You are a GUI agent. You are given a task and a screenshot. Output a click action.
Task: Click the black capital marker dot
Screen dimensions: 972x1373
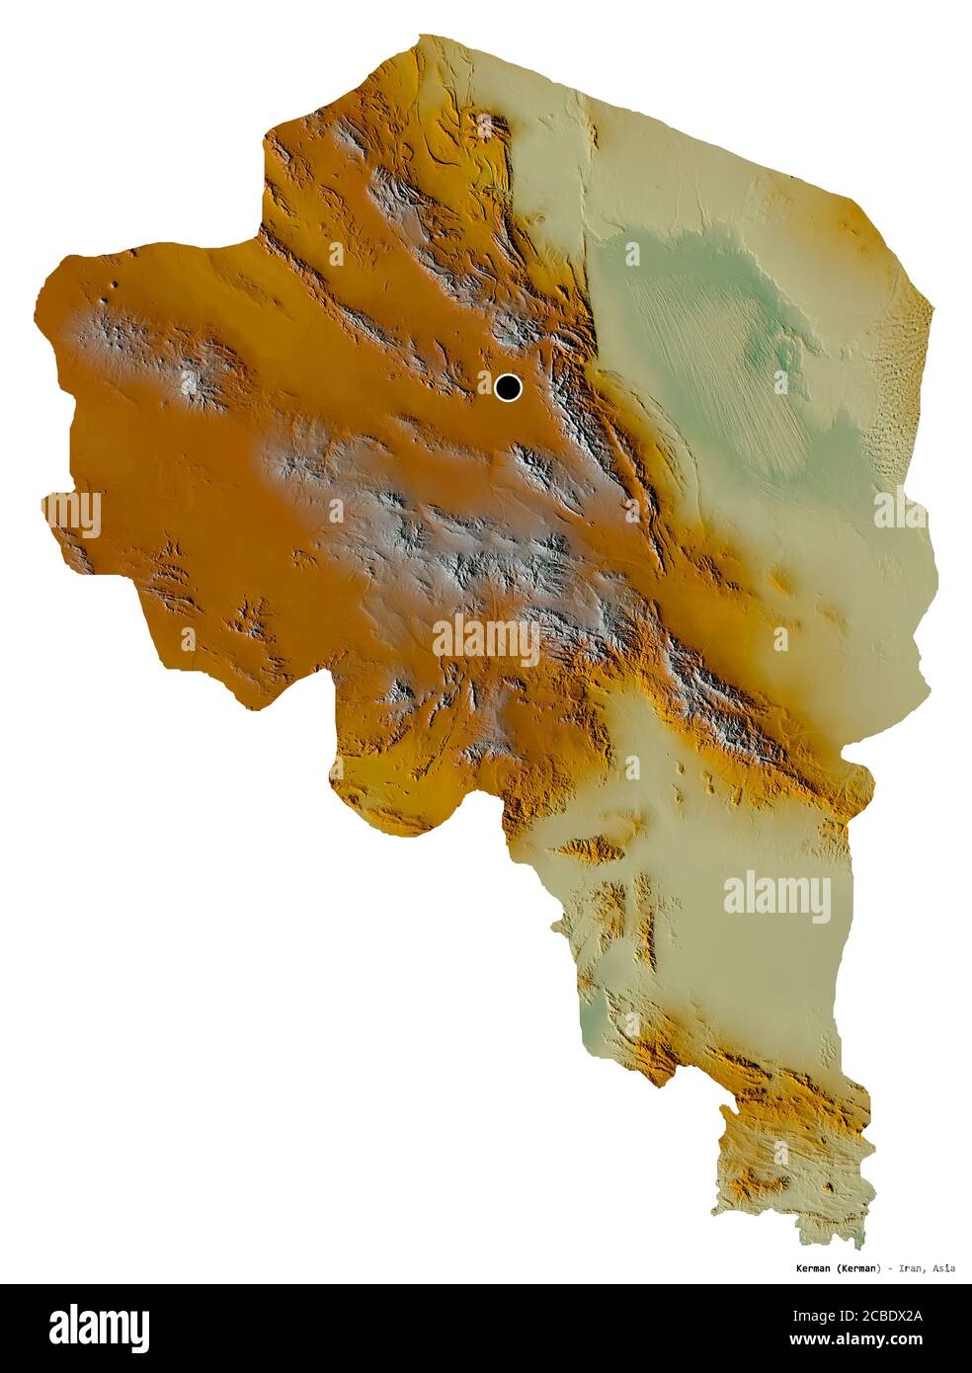click(x=508, y=387)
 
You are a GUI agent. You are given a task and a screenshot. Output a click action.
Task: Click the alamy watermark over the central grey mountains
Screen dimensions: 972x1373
click(x=485, y=639)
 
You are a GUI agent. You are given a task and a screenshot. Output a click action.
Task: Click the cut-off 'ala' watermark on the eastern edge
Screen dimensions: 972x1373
click(x=899, y=510)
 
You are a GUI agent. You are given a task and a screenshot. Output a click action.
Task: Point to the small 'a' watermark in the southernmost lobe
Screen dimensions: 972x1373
click(x=783, y=1152)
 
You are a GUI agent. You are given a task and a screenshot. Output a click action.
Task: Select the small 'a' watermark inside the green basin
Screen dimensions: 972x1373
click(x=631, y=255)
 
